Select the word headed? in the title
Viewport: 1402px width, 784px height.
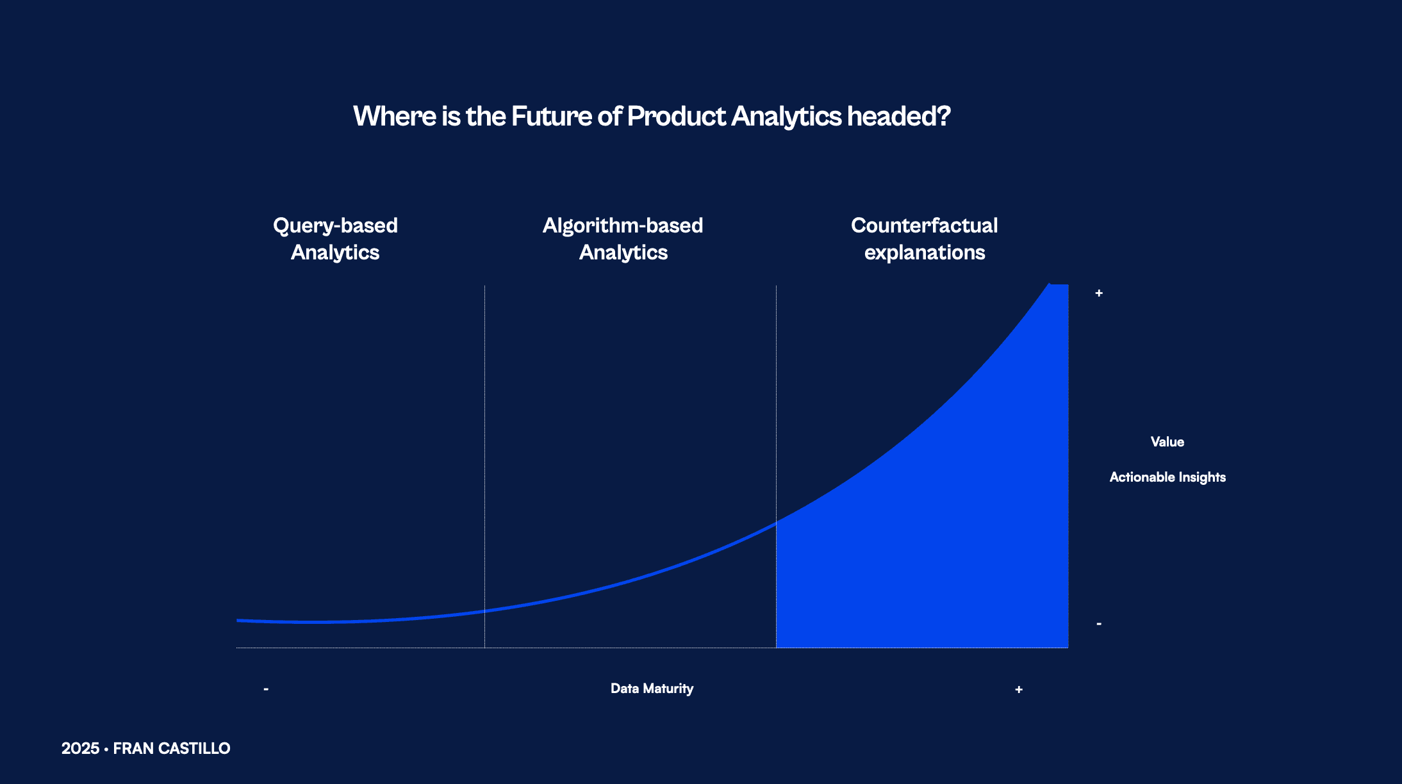pyautogui.click(x=899, y=117)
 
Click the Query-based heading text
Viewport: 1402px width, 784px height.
pyautogui.click(x=335, y=226)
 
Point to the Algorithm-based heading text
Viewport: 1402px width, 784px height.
pyautogui.click(x=623, y=226)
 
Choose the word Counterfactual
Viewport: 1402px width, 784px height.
pyautogui.click(x=925, y=225)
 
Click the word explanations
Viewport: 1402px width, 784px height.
pyautogui.click(x=925, y=253)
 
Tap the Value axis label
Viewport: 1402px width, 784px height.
pyautogui.click(x=1167, y=442)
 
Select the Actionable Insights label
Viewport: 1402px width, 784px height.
pyautogui.click(x=1167, y=477)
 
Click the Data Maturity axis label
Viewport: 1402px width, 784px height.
pyautogui.click(x=652, y=689)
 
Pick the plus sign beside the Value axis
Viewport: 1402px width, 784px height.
pyautogui.click(x=1099, y=293)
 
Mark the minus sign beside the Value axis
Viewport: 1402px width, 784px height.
pyautogui.click(x=1099, y=623)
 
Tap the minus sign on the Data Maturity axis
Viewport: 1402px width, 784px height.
pyautogui.click(x=266, y=689)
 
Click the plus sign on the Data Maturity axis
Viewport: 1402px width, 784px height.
pyautogui.click(x=1019, y=690)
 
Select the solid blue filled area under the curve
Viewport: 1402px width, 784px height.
pyautogui.click(x=961, y=544)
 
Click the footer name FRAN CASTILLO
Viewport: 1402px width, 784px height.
pyautogui.click(x=172, y=748)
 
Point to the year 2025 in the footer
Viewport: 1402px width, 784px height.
pyautogui.click(x=80, y=748)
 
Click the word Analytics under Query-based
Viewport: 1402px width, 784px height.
pyautogui.click(x=335, y=253)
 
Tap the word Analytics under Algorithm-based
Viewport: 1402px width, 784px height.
pyautogui.click(x=623, y=253)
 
